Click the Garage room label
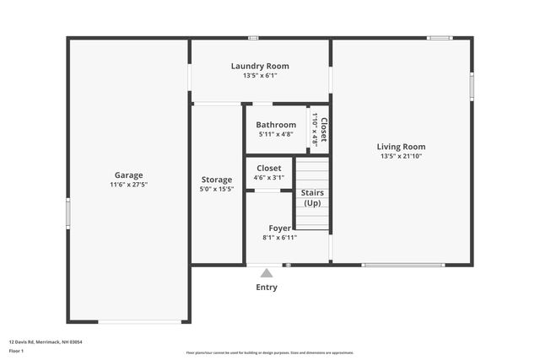click(x=128, y=175)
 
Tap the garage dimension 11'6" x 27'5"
click(x=128, y=185)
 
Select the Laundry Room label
click(x=260, y=66)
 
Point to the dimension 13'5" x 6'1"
click(x=260, y=75)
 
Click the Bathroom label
click(x=276, y=125)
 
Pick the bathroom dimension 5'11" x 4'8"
click(x=276, y=134)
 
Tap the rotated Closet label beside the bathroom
click(x=322, y=129)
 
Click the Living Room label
click(x=401, y=147)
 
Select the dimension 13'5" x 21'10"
click(x=401, y=156)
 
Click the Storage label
click(x=217, y=180)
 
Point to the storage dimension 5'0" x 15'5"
click(x=217, y=189)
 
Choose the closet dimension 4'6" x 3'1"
click(x=269, y=178)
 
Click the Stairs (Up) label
click(x=312, y=198)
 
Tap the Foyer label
click(x=279, y=228)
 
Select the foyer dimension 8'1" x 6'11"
click(x=279, y=238)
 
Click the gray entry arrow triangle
click(x=267, y=272)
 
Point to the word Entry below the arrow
click(x=267, y=287)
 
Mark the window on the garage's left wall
click(x=67, y=212)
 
